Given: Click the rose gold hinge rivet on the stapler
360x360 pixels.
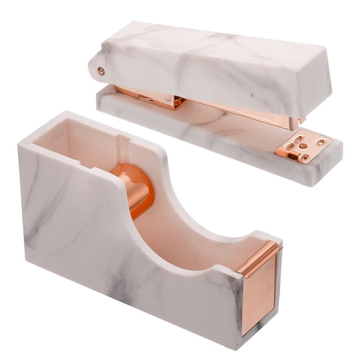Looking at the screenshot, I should click(101, 71).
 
